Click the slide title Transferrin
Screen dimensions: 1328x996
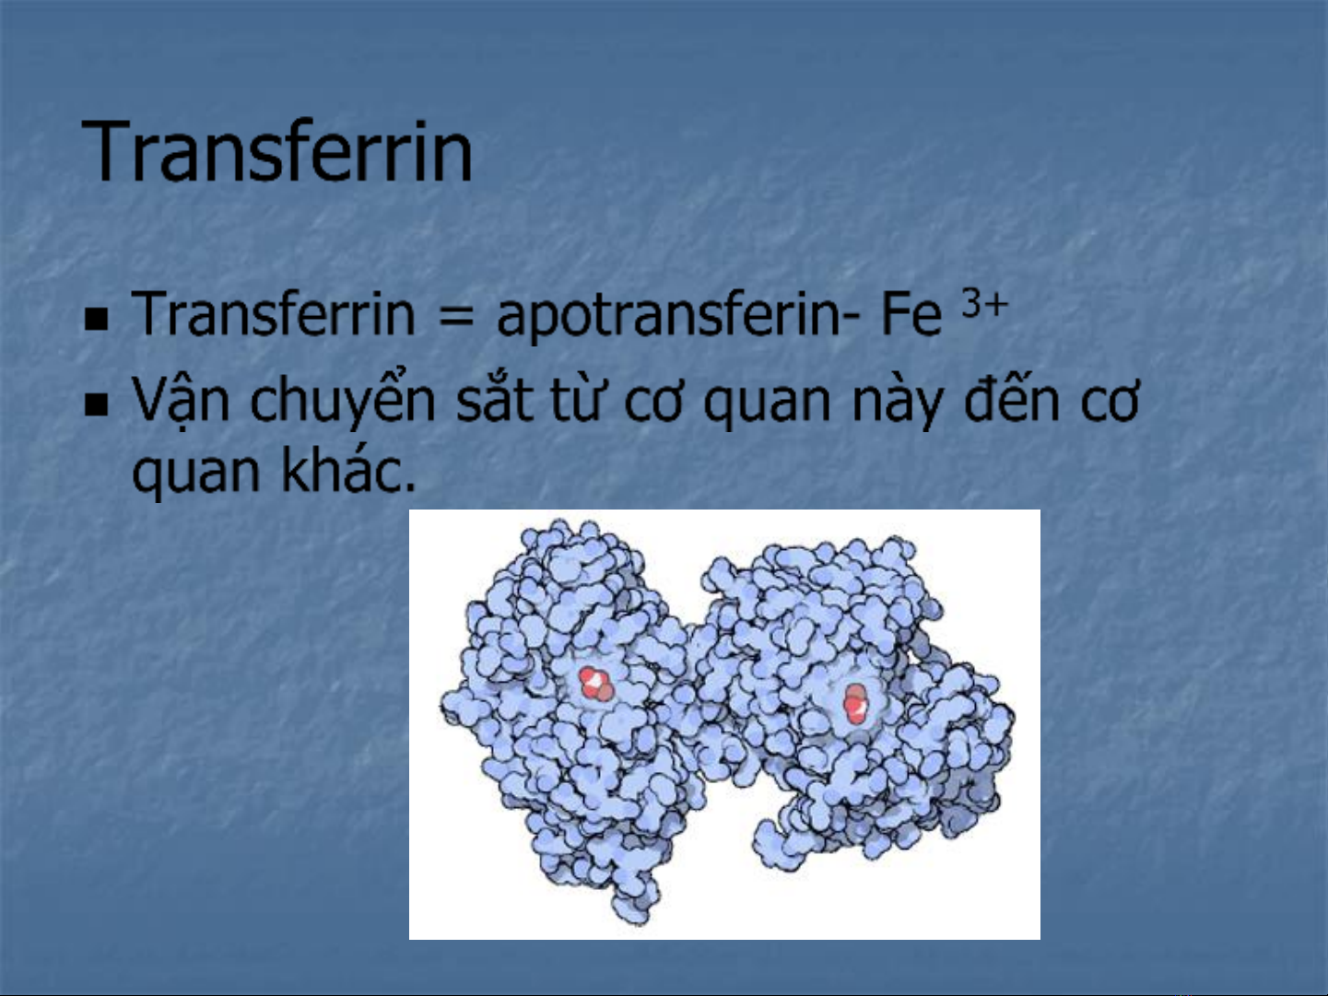(276, 150)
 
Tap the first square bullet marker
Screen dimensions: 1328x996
(96, 320)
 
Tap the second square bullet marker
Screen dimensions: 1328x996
(96, 405)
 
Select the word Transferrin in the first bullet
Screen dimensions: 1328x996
(274, 313)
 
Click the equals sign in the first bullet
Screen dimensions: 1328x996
(456, 317)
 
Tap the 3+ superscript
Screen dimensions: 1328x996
(984, 303)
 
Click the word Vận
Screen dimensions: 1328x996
(181, 399)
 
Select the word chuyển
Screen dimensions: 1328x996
(343, 399)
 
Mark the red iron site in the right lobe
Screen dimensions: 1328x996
(855, 703)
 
